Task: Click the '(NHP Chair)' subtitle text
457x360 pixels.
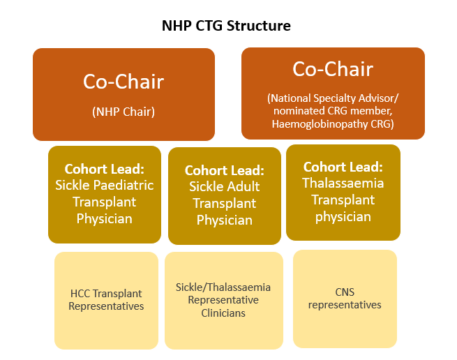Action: tap(123, 111)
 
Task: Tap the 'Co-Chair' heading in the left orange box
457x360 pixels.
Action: tap(123, 82)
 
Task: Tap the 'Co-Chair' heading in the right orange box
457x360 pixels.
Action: tap(333, 69)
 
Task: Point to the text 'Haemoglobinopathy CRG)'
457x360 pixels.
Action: tap(333, 123)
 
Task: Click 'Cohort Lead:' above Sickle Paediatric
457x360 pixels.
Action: tap(104, 170)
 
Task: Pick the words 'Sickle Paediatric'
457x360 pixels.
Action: tap(104, 186)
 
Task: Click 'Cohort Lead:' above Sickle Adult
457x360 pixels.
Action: tap(224, 170)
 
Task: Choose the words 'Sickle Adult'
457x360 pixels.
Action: tap(224, 186)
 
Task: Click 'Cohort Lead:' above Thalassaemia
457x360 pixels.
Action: tap(343, 167)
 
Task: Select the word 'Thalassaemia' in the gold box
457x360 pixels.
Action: tap(343, 183)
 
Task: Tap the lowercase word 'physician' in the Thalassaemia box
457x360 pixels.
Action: tap(343, 216)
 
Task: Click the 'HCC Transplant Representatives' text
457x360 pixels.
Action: tap(106, 300)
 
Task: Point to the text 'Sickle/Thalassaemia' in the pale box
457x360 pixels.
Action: tap(223, 287)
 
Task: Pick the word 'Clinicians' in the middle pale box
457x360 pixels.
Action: tap(223, 313)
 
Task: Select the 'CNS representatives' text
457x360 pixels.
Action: tap(345, 299)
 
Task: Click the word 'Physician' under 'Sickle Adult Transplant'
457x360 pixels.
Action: tap(224, 220)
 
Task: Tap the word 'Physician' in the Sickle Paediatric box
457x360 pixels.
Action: tap(104, 218)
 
